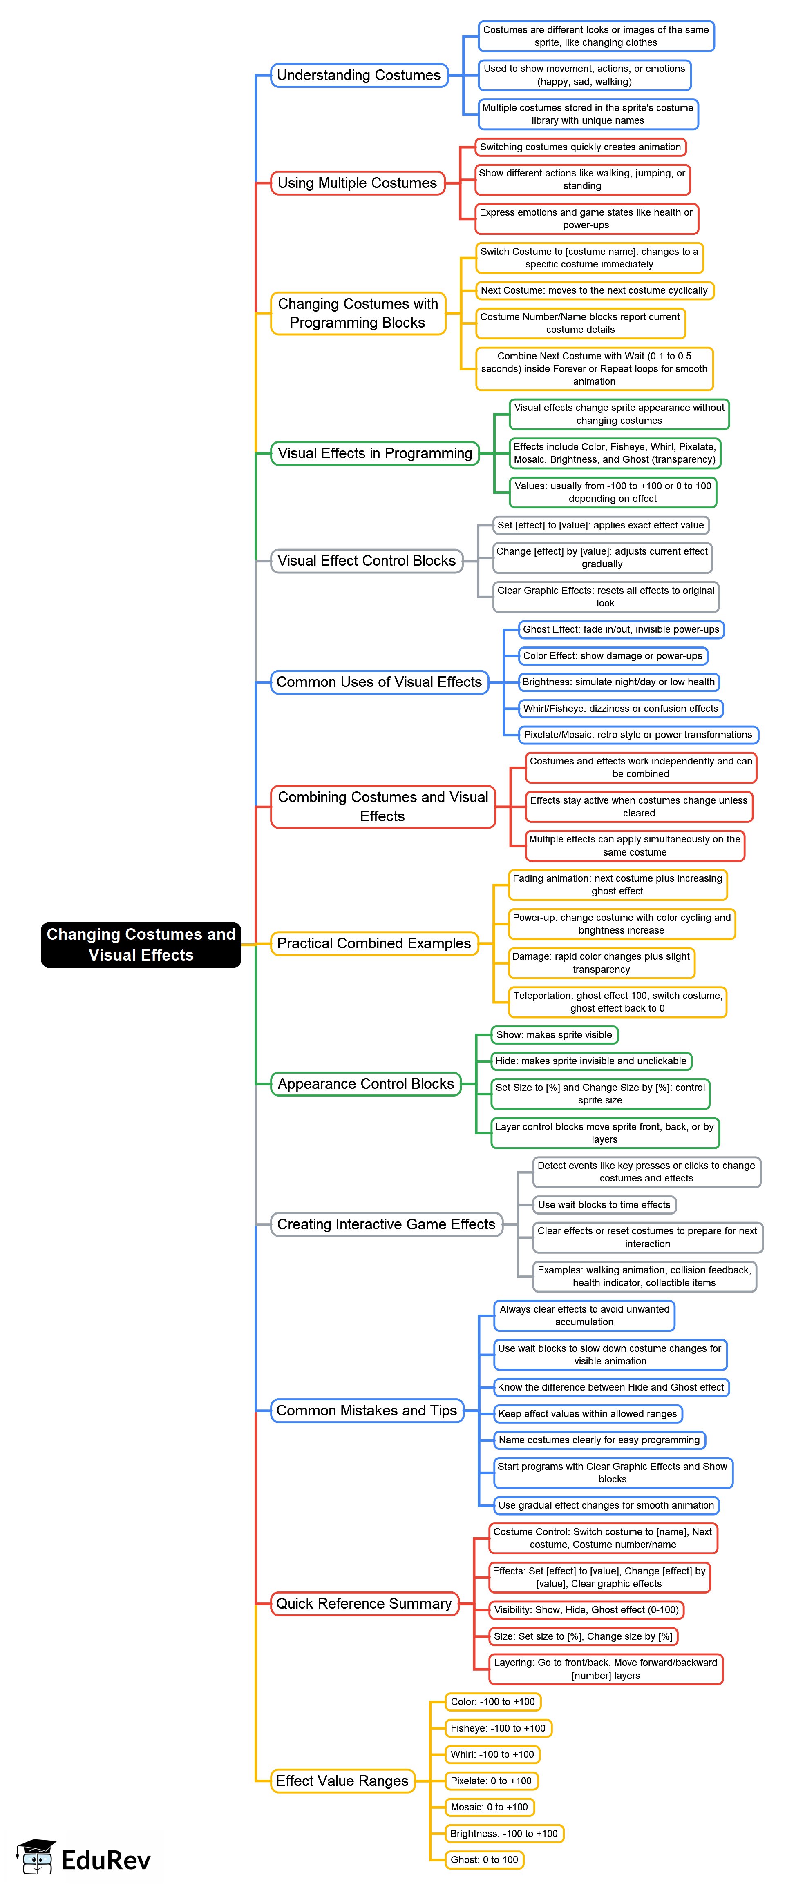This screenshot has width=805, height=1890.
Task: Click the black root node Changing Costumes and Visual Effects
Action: pyautogui.click(x=141, y=944)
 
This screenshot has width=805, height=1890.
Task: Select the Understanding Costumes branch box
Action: pyautogui.click(x=359, y=75)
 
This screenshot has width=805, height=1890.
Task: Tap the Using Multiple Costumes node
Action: pyautogui.click(x=358, y=183)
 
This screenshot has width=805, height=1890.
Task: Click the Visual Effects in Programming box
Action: pyautogui.click(x=375, y=453)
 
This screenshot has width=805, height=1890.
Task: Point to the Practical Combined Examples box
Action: pyautogui.click(x=373, y=943)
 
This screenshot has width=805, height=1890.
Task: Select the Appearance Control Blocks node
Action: pyautogui.click(x=365, y=1084)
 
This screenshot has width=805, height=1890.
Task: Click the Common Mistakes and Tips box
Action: pyautogui.click(x=367, y=1410)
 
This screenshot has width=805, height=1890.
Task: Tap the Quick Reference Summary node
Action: pyautogui.click(x=364, y=1603)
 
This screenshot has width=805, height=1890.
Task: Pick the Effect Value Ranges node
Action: pyautogui.click(x=342, y=1781)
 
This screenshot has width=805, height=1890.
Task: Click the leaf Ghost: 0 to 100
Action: pyautogui.click(x=484, y=1859)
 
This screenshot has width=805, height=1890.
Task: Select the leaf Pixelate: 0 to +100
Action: pyautogui.click(x=491, y=1781)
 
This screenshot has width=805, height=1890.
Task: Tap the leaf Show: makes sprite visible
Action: pyautogui.click(x=554, y=1034)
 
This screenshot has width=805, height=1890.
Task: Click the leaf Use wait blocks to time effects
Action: pyautogui.click(x=604, y=1205)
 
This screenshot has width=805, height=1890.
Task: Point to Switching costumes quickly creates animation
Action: pyautogui.click(x=580, y=147)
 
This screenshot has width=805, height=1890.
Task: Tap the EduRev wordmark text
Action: pyautogui.click(x=106, y=1860)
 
